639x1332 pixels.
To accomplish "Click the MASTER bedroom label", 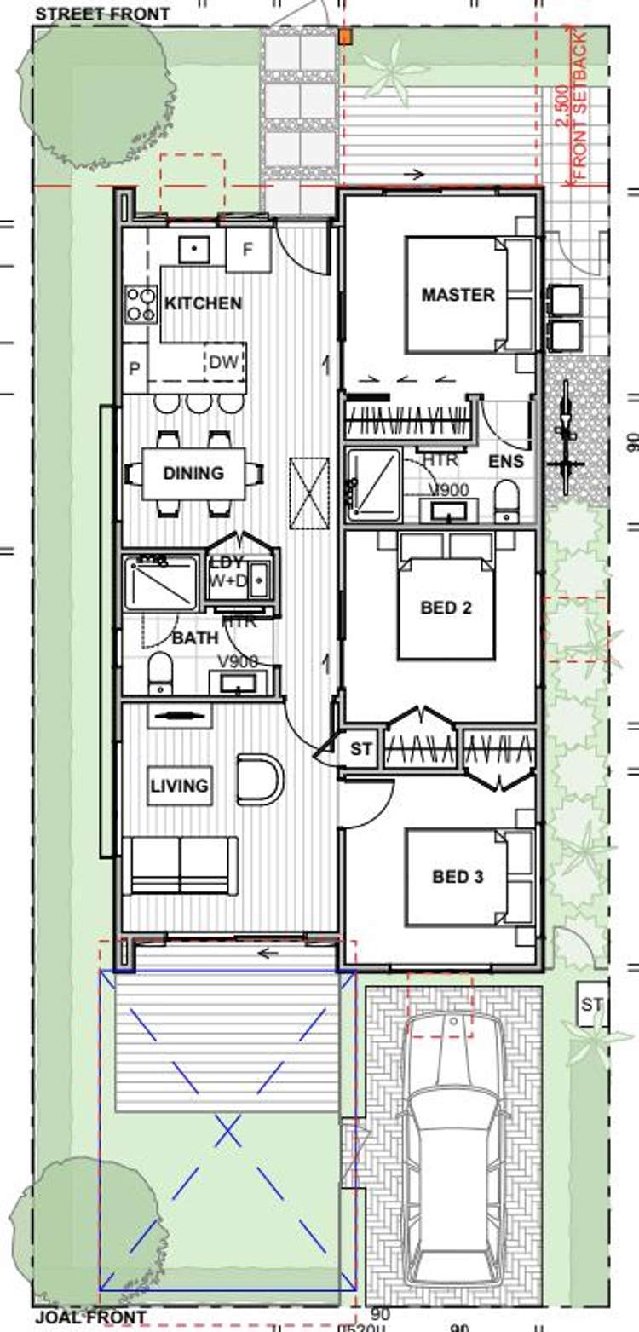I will tap(458, 295).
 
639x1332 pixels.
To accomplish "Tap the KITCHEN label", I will tap(203, 303).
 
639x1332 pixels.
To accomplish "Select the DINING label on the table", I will tap(193, 473).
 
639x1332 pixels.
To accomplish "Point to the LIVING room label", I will tap(179, 785).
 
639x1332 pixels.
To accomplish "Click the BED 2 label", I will tap(446, 608).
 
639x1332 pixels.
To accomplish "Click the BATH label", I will tap(195, 637).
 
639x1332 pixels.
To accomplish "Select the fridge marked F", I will tap(249, 250).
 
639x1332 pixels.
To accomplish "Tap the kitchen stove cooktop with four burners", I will tap(141, 305).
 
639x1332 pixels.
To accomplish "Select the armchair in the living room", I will tap(260, 778).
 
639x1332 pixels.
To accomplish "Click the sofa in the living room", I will tap(181, 866).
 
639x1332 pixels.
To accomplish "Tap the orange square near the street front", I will tap(345, 37).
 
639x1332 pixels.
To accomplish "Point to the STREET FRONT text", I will tap(102, 14).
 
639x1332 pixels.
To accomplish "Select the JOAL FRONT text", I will tap(90, 1319).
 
